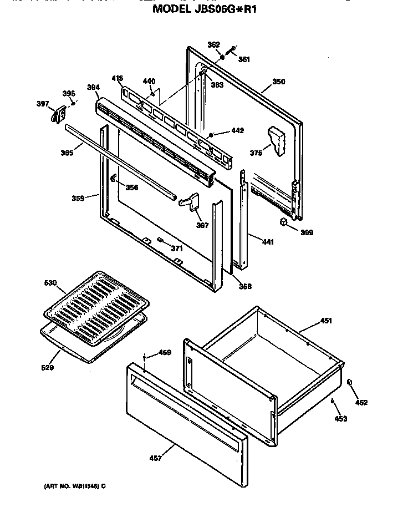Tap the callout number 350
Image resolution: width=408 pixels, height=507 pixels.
278,82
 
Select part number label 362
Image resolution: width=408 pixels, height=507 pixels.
213,45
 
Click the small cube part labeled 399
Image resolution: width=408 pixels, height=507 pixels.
284,222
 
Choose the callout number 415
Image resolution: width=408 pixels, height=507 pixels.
117,78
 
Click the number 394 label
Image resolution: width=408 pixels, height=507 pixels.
93,87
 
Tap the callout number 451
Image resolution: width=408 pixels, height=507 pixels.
326,321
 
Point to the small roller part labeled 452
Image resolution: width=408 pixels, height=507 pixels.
350,383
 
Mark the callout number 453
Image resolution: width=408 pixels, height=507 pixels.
341,419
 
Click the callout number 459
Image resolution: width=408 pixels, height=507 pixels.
165,352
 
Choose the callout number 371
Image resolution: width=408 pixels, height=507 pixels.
176,249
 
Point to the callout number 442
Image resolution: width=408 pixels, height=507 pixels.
237,131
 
